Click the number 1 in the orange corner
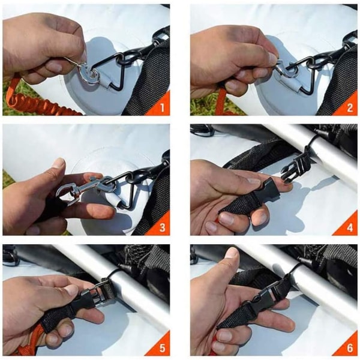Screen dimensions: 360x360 (163, 107)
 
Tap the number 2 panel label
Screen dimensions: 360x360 (350, 107)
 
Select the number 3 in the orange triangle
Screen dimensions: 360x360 (163, 227)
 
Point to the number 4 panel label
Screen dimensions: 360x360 (350, 227)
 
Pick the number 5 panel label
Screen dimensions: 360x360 (163, 348)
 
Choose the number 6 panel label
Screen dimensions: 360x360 (350, 348)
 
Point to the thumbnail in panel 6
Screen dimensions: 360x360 (232, 253)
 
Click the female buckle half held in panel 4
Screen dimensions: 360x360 (266, 193)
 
